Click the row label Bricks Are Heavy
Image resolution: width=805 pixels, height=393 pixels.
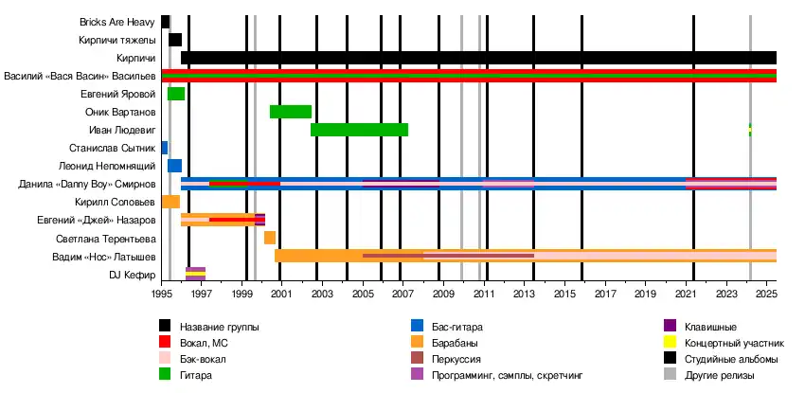click(x=118, y=22)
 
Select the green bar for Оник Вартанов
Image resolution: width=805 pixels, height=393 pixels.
click(x=291, y=112)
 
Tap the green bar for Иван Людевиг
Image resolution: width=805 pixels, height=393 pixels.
click(x=359, y=130)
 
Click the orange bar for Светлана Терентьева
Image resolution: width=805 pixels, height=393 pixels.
click(x=270, y=238)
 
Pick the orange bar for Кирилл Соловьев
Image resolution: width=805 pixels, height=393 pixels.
click(x=170, y=202)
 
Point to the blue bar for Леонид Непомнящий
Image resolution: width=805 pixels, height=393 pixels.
click(x=174, y=166)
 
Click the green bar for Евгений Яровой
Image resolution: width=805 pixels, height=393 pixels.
click(x=176, y=94)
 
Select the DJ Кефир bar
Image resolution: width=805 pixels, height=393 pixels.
click(x=195, y=274)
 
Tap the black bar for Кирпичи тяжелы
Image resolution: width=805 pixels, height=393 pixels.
click(x=175, y=40)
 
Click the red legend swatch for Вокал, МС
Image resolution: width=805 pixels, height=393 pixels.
click(x=166, y=343)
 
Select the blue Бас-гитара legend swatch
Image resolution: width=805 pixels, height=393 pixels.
click(x=418, y=327)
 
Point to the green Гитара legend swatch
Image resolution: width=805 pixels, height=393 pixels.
click(x=166, y=375)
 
